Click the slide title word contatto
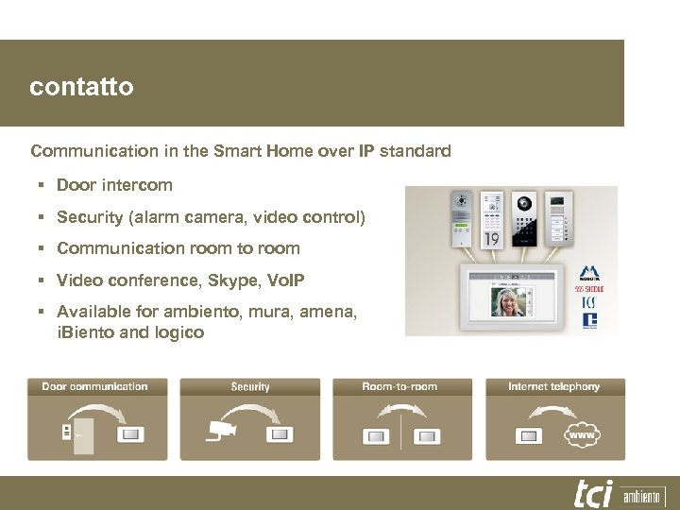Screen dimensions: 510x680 pyautogui.click(x=81, y=88)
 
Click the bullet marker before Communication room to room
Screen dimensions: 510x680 pyautogui.click(x=43, y=248)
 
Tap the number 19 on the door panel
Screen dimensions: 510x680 pyautogui.click(x=492, y=239)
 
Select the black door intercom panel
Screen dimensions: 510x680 pyautogui.click(x=523, y=217)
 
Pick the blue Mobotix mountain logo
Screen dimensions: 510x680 pyautogui.click(x=589, y=272)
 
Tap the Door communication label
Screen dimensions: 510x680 pyautogui.click(x=94, y=386)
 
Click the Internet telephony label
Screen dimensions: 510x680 pyautogui.click(x=553, y=386)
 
